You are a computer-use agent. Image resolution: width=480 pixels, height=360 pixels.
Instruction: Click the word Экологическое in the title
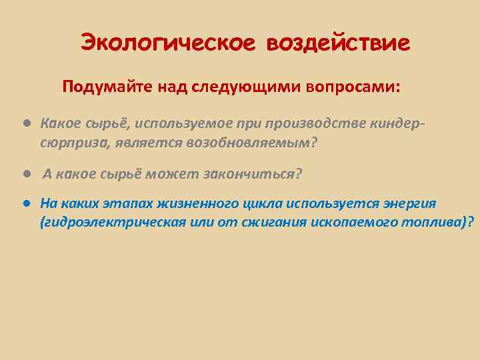click(x=167, y=43)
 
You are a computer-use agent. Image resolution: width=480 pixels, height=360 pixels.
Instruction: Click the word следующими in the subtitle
click(x=247, y=87)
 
